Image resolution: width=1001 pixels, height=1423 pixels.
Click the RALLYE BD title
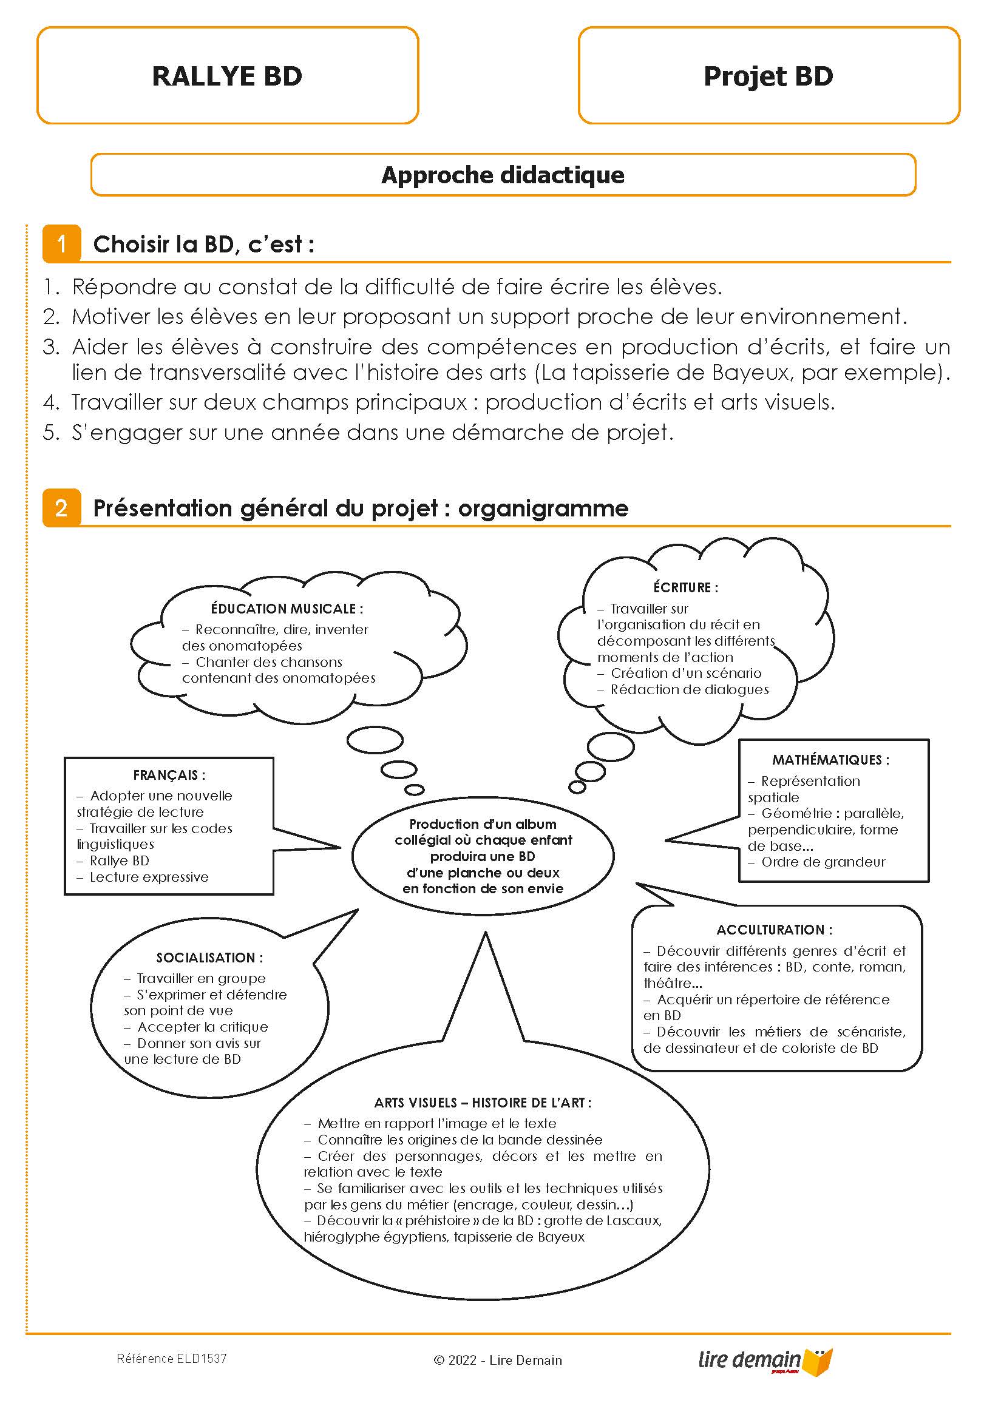pyautogui.click(x=227, y=76)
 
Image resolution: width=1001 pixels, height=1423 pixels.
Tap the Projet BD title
pyautogui.click(x=768, y=76)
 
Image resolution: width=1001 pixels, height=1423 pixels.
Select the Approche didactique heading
pyautogui.click(x=503, y=175)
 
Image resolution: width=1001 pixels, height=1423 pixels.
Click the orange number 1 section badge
pyautogui.click(x=61, y=243)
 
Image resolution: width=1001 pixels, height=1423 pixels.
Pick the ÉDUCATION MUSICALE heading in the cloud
pyautogui.click(x=287, y=609)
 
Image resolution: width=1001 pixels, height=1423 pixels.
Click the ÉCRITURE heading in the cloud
pyautogui.click(x=685, y=587)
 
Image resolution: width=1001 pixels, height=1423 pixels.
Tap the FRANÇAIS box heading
pyautogui.click(x=169, y=775)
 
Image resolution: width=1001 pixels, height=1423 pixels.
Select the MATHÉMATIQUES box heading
pyautogui.click(x=830, y=760)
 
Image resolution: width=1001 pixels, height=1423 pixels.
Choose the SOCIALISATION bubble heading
pyautogui.click(x=209, y=958)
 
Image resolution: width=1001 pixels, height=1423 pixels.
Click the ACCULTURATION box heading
pyautogui.click(x=775, y=930)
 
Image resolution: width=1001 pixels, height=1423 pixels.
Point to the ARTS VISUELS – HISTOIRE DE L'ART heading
pyautogui.click(x=483, y=1103)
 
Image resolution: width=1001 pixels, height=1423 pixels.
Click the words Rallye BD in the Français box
pyautogui.click(x=119, y=861)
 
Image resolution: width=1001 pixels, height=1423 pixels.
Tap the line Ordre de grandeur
pyautogui.click(x=823, y=862)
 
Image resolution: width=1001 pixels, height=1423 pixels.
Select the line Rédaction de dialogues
pyautogui.click(x=689, y=689)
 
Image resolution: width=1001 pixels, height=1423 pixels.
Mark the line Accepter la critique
pyautogui.click(x=202, y=1027)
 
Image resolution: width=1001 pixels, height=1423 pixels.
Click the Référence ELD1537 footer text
pyautogui.click(x=172, y=1359)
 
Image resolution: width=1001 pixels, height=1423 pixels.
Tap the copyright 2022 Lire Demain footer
pyautogui.click(x=498, y=1360)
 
